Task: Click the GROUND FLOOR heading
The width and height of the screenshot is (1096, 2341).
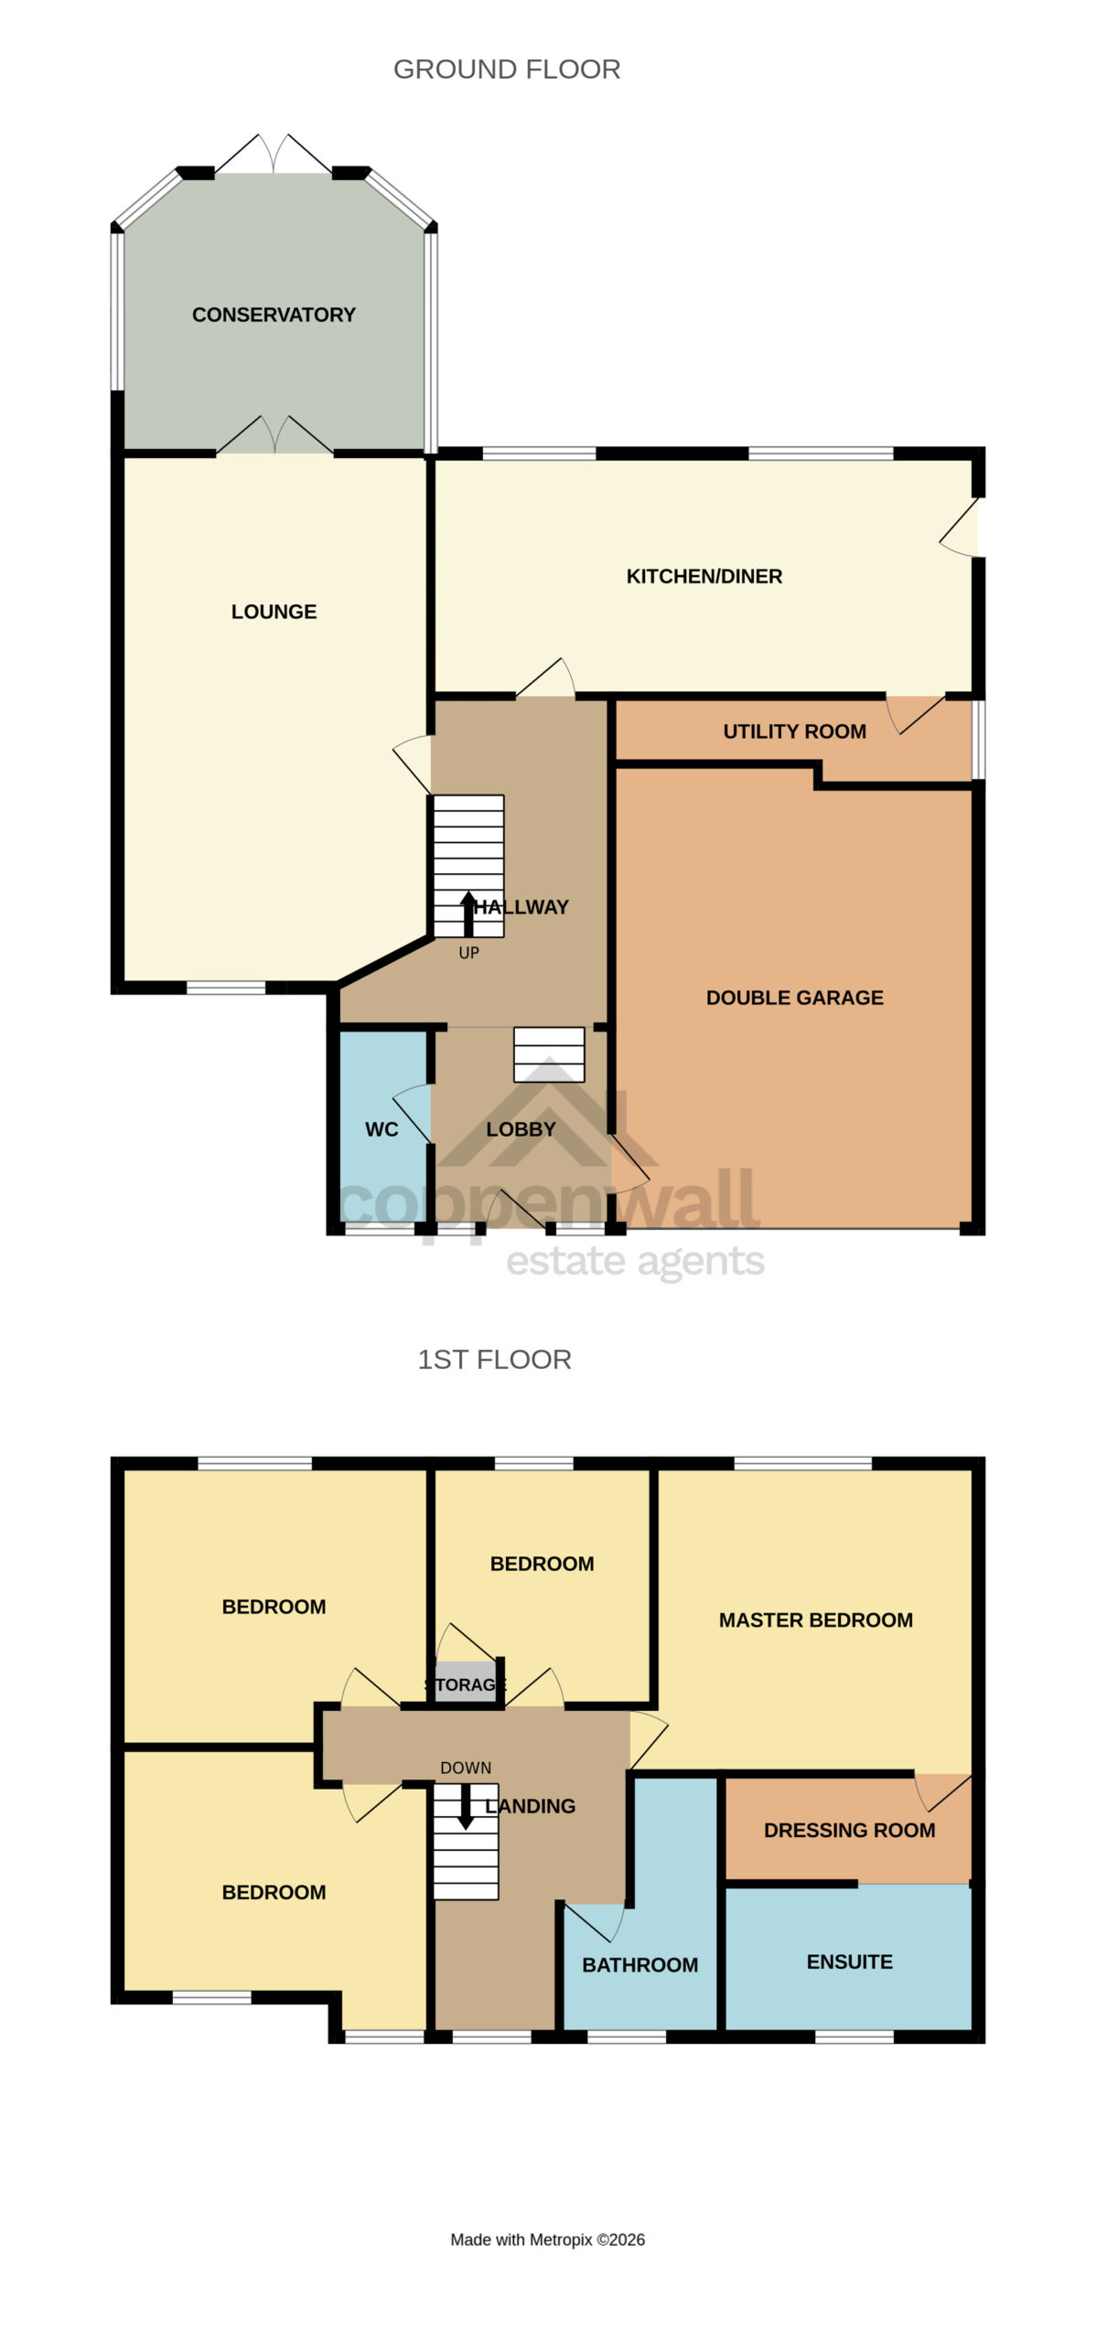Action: [507, 69]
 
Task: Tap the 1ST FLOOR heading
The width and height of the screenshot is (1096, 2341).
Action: [495, 1360]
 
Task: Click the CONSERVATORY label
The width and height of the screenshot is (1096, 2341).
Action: [274, 315]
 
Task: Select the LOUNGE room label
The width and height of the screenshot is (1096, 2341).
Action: [274, 612]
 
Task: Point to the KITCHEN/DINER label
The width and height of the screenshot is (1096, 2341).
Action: [704, 576]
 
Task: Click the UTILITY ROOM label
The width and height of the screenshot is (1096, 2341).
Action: [795, 732]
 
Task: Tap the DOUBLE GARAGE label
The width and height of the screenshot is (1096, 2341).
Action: [795, 998]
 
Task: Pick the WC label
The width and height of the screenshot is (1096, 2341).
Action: [381, 1129]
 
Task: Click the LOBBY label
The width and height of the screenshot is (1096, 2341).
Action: [521, 1129]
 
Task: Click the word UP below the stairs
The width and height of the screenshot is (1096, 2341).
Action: [468, 953]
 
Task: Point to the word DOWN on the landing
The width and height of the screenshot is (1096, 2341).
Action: [466, 1768]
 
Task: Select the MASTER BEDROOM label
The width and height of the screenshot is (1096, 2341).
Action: [816, 1620]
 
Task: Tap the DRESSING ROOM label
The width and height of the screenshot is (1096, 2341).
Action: [850, 1830]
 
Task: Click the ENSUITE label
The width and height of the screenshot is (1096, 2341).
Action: [850, 1962]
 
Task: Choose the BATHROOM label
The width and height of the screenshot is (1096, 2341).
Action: [640, 1964]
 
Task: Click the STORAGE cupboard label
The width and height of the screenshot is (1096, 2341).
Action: [466, 1684]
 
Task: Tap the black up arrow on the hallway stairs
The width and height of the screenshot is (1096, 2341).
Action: [468, 914]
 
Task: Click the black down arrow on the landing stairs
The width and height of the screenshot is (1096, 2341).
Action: [466, 1806]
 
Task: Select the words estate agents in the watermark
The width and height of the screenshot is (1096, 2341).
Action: [636, 1262]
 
